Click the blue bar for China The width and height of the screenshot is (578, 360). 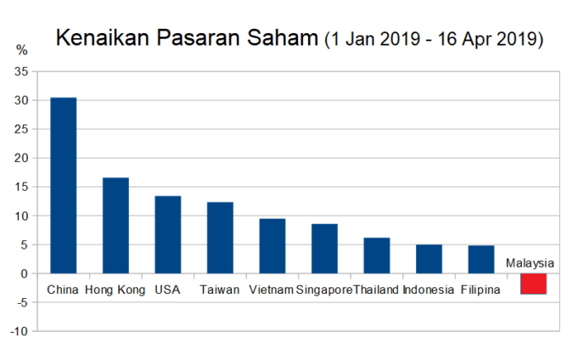pyautogui.click(x=64, y=186)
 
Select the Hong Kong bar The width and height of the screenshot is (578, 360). pyautogui.click(x=115, y=226)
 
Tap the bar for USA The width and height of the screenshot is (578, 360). pyautogui.click(x=168, y=235)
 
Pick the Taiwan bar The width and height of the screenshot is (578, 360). pyautogui.click(x=220, y=238)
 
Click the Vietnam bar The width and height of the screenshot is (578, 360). pyautogui.click(x=272, y=246)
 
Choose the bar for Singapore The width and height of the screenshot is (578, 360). pyautogui.click(x=325, y=249)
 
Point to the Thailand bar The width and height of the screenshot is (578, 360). pyautogui.click(x=377, y=256)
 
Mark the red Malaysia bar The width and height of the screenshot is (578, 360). pyautogui.click(x=533, y=284)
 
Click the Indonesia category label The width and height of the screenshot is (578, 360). pyautogui.click(x=429, y=290)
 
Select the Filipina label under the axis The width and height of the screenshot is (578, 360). pyautogui.click(x=480, y=290)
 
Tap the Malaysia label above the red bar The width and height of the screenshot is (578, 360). pyautogui.click(x=530, y=263)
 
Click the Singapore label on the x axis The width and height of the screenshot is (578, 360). pyautogui.click(x=324, y=290)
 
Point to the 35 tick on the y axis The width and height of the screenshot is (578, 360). pyautogui.click(x=21, y=71)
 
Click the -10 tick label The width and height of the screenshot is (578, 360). pyautogui.click(x=19, y=332)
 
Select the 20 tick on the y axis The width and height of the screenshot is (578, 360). pyautogui.click(x=21, y=158)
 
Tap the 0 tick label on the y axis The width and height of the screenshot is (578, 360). pyautogui.click(x=25, y=274)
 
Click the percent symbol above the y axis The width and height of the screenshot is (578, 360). pyautogui.click(x=22, y=50)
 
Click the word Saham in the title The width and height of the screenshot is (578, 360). pyautogui.click(x=283, y=37)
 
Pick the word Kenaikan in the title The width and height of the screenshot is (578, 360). pyautogui.click(x=103, y=37)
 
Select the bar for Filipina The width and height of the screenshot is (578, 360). pyautogui.click(x=481, y=260)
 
